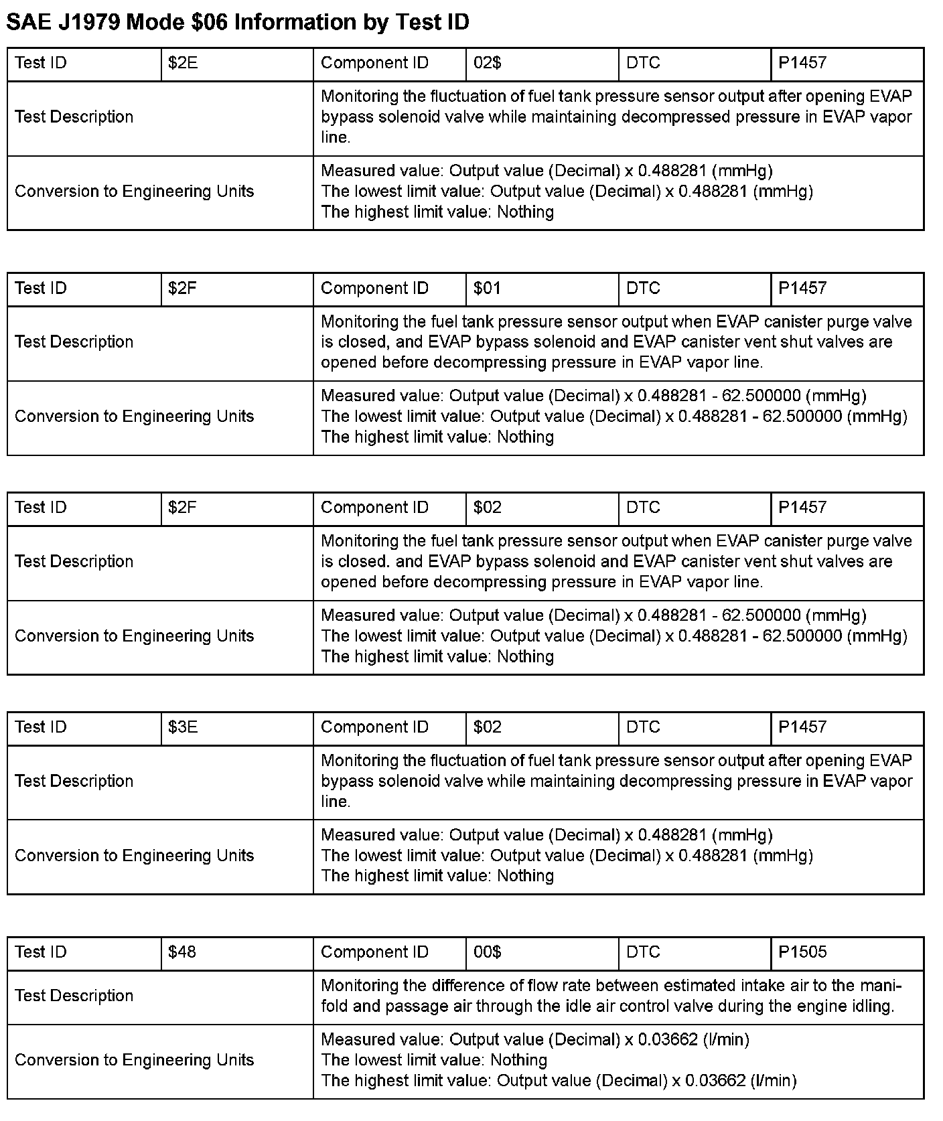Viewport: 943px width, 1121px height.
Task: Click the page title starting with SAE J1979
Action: coord(238,22)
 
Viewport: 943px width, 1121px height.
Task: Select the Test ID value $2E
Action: coord(183,63)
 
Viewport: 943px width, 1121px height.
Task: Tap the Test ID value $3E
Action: coord(183,727)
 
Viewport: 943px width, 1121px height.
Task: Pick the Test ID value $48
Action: coord(182,952)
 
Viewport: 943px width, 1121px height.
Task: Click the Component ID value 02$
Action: coord(487,63)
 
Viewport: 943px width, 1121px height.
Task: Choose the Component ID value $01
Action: coord(487,289)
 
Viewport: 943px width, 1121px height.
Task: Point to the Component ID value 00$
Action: coord(487,952)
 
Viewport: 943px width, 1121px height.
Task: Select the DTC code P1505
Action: coord(802,952)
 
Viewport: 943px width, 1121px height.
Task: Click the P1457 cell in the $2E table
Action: coord(802,63)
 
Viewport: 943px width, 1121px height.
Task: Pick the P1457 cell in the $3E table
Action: coord(802,727)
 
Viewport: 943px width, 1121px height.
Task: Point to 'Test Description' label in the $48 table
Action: coord(74,996)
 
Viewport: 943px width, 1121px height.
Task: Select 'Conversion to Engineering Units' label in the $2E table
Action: coord(134,192)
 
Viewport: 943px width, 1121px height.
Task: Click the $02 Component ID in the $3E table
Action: coord(487,727)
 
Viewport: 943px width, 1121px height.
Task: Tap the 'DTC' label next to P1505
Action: coord(643,952)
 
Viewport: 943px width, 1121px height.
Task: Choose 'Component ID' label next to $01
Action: coord(374,289)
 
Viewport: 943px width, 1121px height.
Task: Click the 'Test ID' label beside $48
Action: coord(40,952)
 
